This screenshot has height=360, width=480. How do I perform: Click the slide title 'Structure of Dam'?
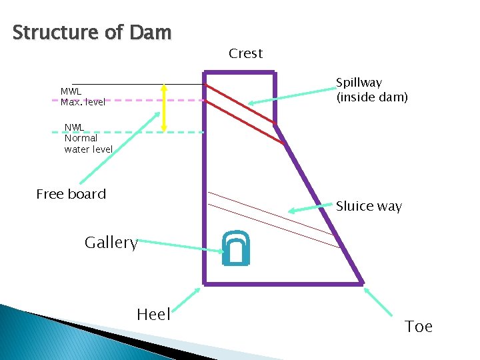pyautogui.click(x=92, y=32)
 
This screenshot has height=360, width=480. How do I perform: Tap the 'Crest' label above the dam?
pyautogui.click(x=245, y=53)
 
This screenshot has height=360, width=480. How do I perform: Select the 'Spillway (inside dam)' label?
pyautogui.click(x=371, y=90)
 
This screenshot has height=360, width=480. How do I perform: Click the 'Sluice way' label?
pyautogui.click(x=369, y=206)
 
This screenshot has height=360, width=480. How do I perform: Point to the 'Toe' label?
pyautogui.click(x=418, y=327)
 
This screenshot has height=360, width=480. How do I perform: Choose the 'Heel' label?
pyautogui.click(x=153, y=315)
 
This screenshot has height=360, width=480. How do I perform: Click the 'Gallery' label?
pyautogui.click(x=111, y=243)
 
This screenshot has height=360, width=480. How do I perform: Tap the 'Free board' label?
pyautogui.click(x=71, y=194)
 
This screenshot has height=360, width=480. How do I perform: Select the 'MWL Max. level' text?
pyautogui.click(x=83, y=97)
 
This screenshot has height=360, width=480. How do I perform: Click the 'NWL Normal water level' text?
pyautogui.click(x=88, y=138)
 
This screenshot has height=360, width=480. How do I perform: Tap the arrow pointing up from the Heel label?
pyautogui.click(x=188, y=299)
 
